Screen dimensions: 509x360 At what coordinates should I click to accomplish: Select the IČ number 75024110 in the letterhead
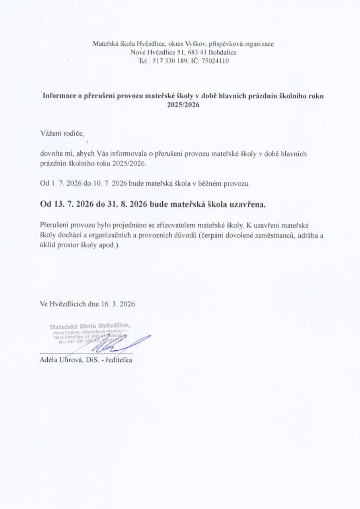215,61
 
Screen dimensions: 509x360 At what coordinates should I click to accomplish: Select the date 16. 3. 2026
117,304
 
